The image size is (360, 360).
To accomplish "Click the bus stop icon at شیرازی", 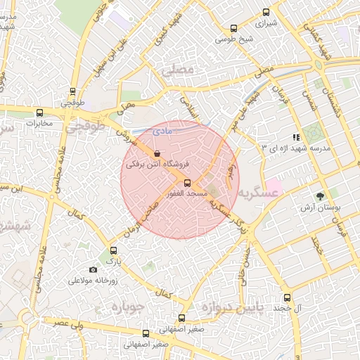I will coord(266,12).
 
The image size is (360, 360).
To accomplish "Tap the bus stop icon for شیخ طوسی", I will coord(233,29).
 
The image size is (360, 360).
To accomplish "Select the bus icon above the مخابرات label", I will coord(39,112).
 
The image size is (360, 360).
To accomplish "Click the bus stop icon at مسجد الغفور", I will coord(186,182).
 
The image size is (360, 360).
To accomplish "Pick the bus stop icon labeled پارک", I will coord(113,250).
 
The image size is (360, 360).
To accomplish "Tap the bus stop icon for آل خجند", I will coord(286,297).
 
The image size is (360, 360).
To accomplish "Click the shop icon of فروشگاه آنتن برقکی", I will coord(156,153).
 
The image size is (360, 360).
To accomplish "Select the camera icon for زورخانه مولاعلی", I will coord(93,270).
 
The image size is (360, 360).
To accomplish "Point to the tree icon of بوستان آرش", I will coord(321,196).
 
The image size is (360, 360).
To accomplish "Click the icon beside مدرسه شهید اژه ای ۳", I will coord(296,137).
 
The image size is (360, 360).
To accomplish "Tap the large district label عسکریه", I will coord(253,193).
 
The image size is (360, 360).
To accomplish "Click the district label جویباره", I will coord(127,307).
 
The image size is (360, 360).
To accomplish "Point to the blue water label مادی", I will coord(161,131).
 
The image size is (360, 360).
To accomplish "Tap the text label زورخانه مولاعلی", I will coord(92,281).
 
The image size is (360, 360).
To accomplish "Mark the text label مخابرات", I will coord(39,124).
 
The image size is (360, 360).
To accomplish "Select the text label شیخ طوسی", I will coord(233,40).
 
